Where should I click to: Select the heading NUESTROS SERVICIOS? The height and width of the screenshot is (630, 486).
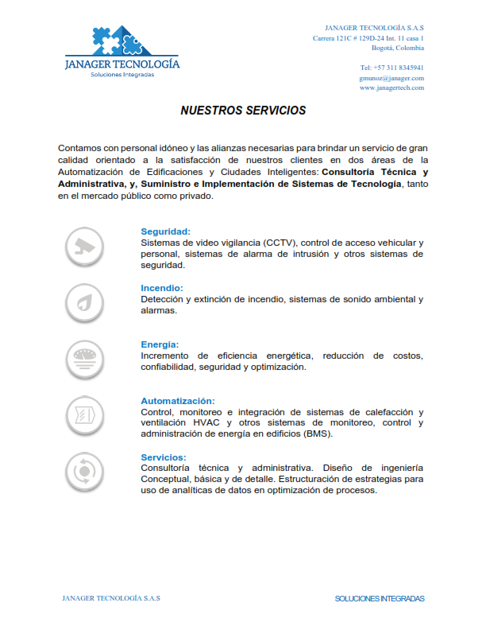point(243,111)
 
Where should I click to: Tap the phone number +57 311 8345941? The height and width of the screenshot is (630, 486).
point(391,68)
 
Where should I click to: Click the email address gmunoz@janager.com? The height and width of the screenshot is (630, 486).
point(391,78)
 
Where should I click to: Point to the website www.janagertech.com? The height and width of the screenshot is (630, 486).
point(391,87)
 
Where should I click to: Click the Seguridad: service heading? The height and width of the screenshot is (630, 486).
point(165,231)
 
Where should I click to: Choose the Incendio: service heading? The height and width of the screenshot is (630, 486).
point(162,288)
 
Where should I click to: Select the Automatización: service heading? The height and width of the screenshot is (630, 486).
point(178,401)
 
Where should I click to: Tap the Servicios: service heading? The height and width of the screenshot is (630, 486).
point(164,457)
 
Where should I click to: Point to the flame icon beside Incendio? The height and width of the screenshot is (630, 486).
point(83,302)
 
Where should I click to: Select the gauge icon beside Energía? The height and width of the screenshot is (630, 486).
point(83,357)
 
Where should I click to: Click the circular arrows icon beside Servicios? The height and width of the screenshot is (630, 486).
point(83,471)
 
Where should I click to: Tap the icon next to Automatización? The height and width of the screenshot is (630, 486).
point(83,414)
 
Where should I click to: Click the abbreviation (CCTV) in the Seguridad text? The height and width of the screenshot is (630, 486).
point(280,242)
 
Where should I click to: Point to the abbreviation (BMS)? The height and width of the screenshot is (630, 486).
point(317,434)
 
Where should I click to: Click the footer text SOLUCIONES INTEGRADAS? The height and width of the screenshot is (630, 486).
point(380,598)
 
